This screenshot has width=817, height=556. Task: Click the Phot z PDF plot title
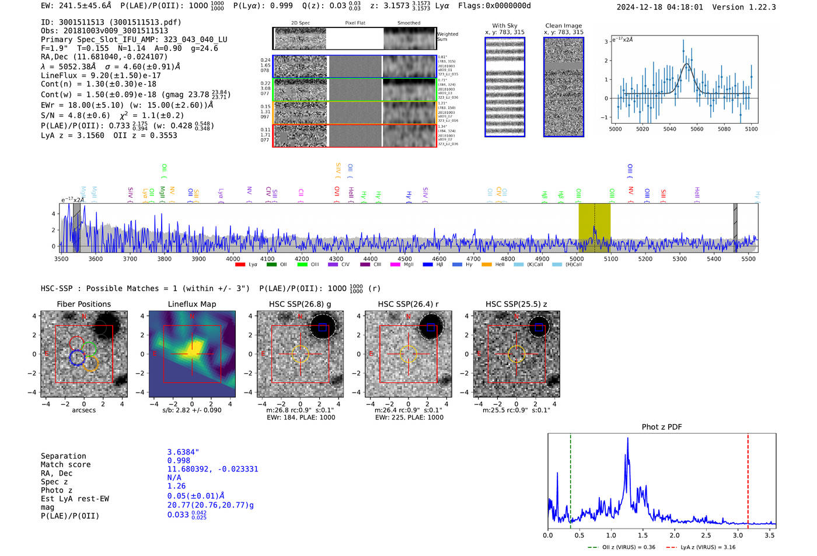pos(662,427)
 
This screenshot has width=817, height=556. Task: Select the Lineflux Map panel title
pos(192,304)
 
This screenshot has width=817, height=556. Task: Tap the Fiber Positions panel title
pos(83,304)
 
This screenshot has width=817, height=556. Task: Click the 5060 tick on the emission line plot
pos(697,129)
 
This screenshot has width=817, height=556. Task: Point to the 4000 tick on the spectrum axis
pos(233,259)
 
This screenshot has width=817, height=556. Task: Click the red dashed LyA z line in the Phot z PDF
pos(748,478)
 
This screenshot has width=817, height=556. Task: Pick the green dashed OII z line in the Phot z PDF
pos(570,478)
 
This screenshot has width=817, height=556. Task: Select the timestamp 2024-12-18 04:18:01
pos(659,7)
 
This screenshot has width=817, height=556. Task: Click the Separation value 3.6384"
pos(183,452)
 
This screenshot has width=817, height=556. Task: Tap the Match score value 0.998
pos(179,460)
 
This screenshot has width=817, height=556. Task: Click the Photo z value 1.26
pos(176,486)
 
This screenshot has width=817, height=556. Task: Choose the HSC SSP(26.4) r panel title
pos(408,304)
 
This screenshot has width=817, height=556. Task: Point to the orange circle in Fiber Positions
pos(90,364)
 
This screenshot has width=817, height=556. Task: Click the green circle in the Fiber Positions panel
pos(89,349)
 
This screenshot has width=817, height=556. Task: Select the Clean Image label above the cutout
pos(563,26)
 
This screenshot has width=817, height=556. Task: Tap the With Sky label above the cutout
pos(504,26)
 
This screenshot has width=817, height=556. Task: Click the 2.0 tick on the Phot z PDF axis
pos(675,535)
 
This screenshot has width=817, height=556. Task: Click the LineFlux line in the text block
pos(101,75)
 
